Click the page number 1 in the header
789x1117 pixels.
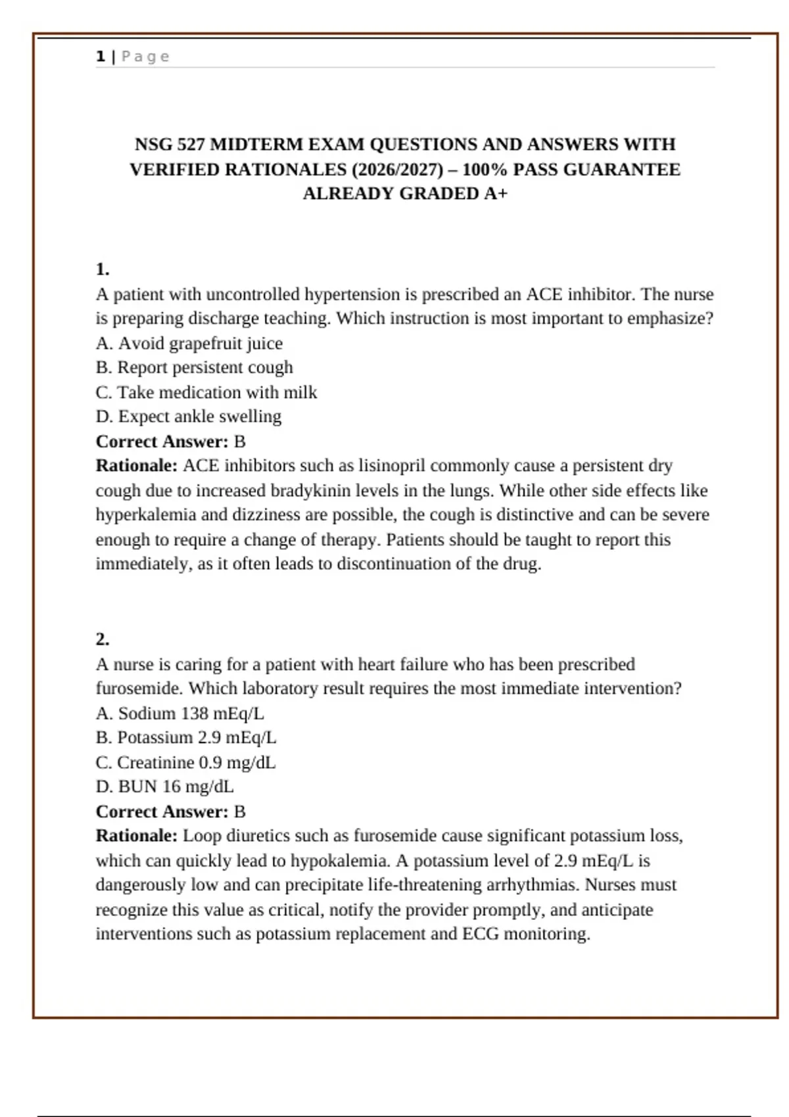pyautogui.click(x=101, y=57)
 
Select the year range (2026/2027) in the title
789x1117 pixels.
pyautogui.click(x=397, y=170)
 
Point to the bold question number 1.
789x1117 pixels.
pyautogui.click(x=103, y=269)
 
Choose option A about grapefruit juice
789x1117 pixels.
pyautogui.click(x=189, y=343)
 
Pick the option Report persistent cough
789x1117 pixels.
pyautogui.click(x=195, y=367)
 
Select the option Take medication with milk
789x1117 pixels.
pyautogui.click(x=206, y=392)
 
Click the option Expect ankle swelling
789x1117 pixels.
pyautogui.click(x=189, y=417)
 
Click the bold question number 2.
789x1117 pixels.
pyautogui.click(x=103, y=639)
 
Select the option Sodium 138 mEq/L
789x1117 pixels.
pyautogui.click(x=180, y=714)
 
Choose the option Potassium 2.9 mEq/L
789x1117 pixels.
pyautogui.click(x=186, y=738)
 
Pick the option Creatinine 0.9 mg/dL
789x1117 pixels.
pyautogui.click(x=185, y=763)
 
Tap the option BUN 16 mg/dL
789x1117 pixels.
pyautogui.click(x=165, y=787)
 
